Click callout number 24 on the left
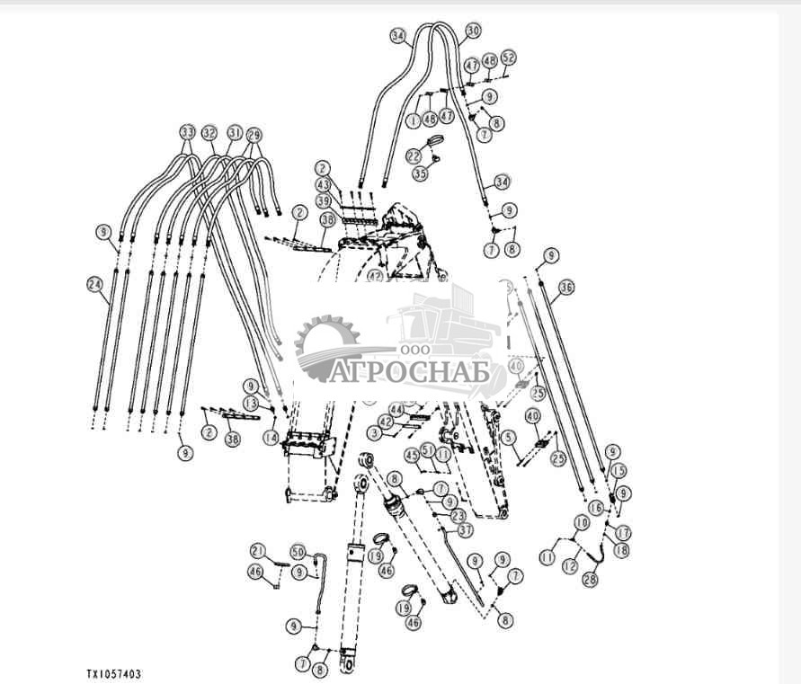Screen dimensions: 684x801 pos(93,284)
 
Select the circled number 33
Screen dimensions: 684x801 pos(187,132)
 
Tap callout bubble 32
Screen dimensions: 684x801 pos(209,132)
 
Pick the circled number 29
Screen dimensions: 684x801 pos(254,133)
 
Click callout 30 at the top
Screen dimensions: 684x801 pos(473,31)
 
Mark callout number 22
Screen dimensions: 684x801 pos(414,155)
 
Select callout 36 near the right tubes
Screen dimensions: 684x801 pos(565,288)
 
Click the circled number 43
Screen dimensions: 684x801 pos(323,184)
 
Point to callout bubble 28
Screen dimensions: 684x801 pos(589,581)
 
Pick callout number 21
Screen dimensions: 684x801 pos(258,550)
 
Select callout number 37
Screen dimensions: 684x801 pos(465,529)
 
